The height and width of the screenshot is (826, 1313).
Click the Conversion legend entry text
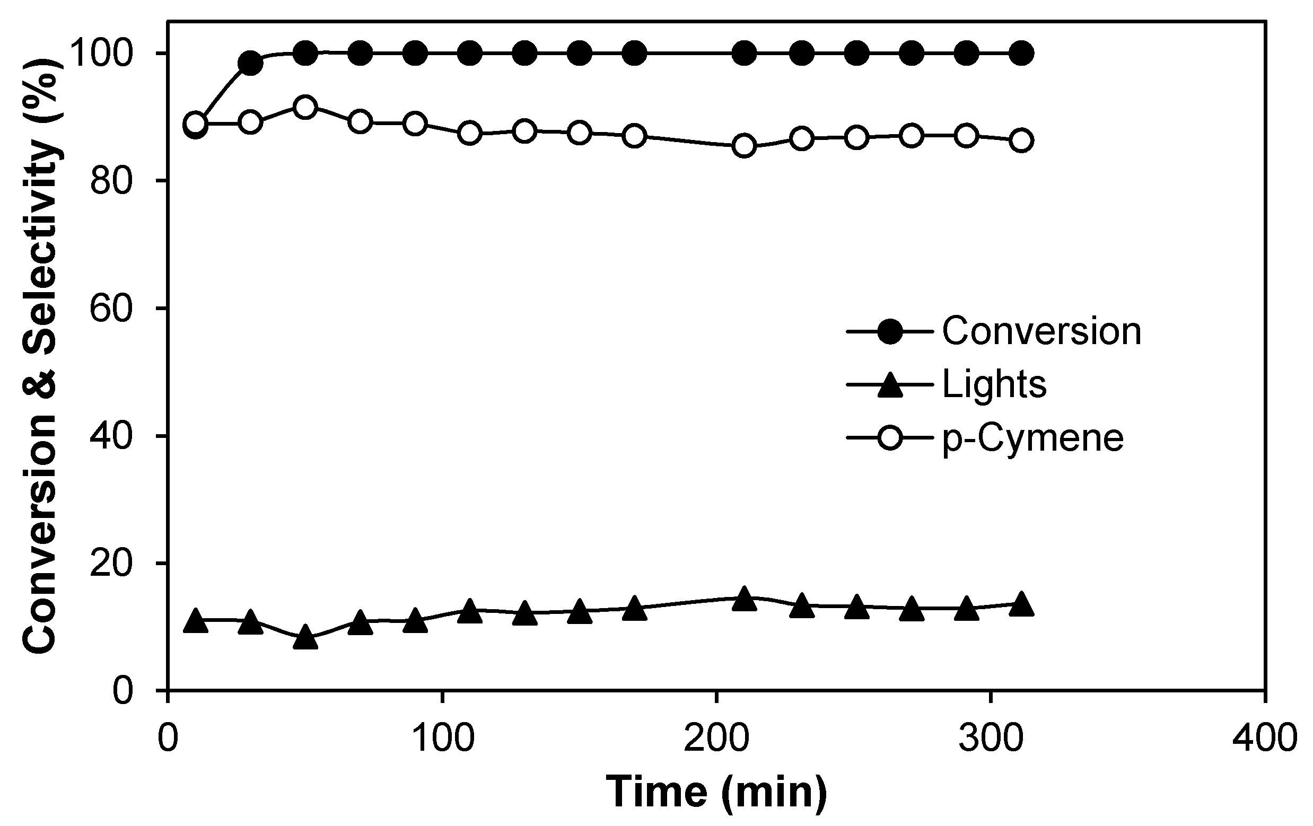pyautogui.click(x=1041, y=331)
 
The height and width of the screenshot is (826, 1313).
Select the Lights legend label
pyautogui.click(x=994, y=384)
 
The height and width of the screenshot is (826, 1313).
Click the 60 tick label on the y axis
pyautogui.click(x=111, y=309)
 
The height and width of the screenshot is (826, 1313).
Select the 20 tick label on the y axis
pyautogui.click(x=111, y=564)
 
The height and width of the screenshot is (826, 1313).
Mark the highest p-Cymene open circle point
pyautogui.click(x=305, y=107)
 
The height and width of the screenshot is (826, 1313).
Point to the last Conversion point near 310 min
pyautogui.click(x=1021, y=54)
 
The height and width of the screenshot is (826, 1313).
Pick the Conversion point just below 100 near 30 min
pyautogui.click(x=250, y=64)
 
